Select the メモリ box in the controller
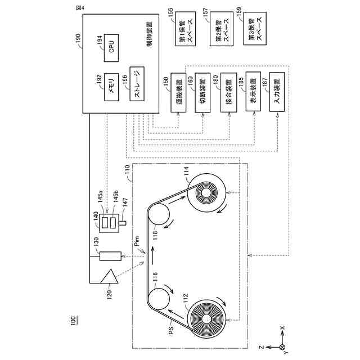click(111, 89)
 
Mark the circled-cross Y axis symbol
click(282, 347)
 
